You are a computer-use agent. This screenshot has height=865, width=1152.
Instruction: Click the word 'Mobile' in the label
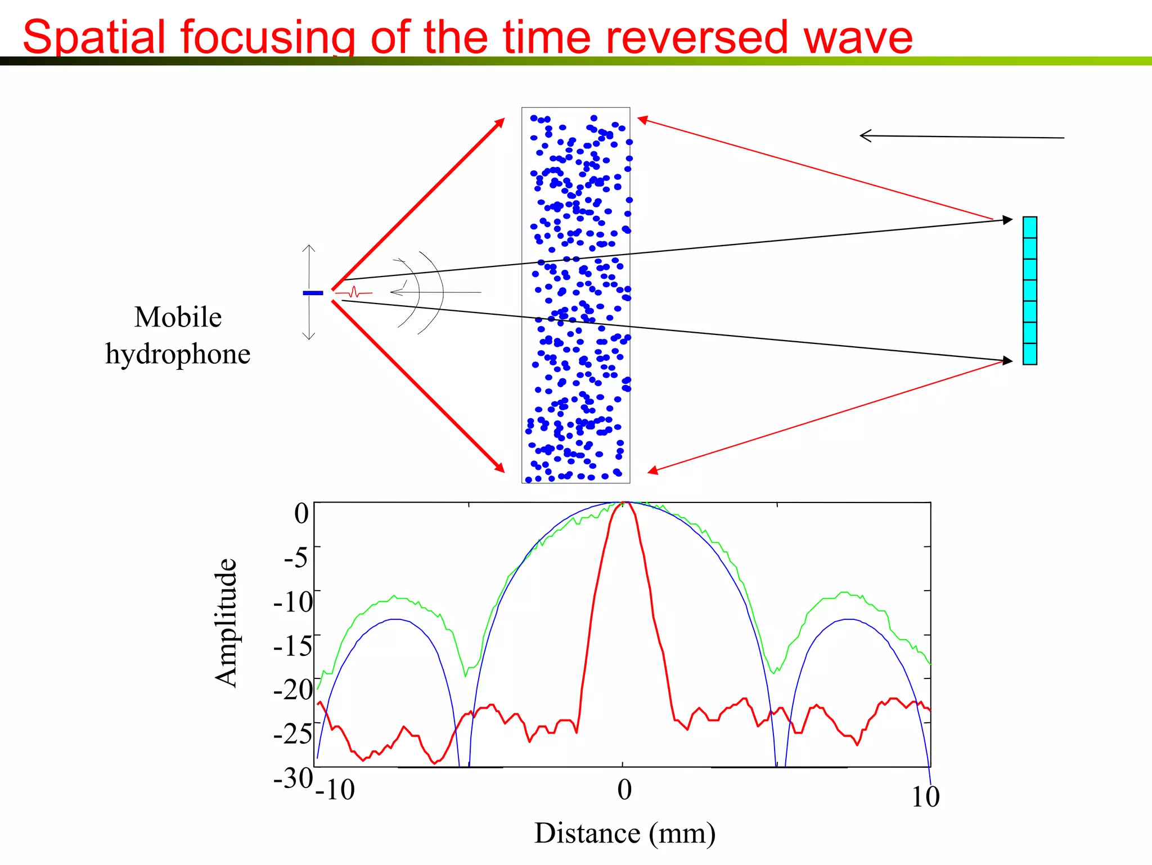[178, 317]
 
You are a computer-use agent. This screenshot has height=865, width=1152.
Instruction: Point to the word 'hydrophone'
[178, 354]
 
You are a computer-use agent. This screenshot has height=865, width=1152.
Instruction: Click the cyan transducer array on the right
[1029, 291]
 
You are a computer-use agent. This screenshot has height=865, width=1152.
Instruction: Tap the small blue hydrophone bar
[313, 293]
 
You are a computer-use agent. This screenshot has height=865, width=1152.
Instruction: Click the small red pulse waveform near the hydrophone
[354, 292]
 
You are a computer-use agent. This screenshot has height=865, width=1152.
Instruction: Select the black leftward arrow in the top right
[961, 137]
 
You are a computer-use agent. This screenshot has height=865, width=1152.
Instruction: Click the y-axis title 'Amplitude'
[226, 623]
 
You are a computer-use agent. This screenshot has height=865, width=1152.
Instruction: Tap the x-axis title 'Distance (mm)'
[624, 833]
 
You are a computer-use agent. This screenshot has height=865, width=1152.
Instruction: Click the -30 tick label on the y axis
[292, 778]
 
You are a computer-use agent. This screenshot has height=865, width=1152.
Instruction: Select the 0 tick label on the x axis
[624, 790]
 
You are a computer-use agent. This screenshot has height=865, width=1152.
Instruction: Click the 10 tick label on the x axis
[925, 796]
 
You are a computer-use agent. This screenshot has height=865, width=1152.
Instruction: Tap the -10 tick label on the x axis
[335, 790]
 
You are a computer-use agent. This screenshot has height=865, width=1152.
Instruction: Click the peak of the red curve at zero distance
[623, 502]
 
